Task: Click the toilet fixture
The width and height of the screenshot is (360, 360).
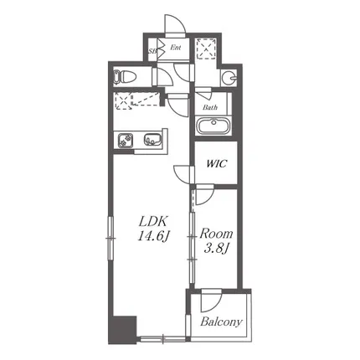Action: pos(125,76)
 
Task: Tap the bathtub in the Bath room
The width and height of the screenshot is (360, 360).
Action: pos(213,126)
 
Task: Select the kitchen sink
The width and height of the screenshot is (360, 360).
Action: pos(152,139)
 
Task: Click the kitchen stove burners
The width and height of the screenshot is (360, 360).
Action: pos(126,140)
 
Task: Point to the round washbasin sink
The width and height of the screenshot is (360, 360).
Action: pos(230,77)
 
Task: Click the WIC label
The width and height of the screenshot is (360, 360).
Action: pos(216,164)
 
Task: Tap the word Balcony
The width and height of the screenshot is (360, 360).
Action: pos(221,322)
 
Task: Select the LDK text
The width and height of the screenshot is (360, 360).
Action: pos(153,222)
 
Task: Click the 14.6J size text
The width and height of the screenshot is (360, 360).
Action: pos(153,237)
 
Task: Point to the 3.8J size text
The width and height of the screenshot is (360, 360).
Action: pos(216,249)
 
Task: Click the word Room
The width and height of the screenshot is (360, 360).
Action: pos(216,234)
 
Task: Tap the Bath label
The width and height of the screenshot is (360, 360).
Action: pos(210,107)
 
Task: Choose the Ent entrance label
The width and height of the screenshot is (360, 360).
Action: pos(176,48)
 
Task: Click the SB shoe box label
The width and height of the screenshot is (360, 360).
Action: pos(152,51)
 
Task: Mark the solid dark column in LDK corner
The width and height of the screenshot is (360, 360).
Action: pos(122,330)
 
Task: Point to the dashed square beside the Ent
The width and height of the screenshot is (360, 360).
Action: pos(206,49)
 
